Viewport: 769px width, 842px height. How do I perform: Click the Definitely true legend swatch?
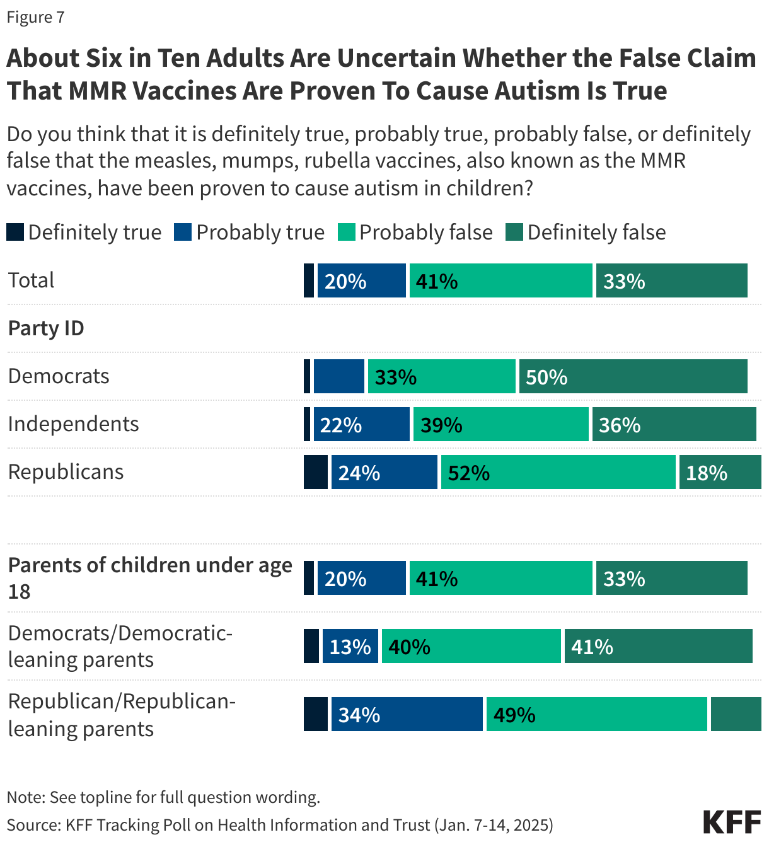15,232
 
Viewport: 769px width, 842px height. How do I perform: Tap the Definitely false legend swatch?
514,232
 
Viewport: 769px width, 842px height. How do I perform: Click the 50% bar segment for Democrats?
633,377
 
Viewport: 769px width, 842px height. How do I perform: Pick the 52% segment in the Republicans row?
558,473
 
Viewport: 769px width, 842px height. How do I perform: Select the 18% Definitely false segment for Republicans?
720,473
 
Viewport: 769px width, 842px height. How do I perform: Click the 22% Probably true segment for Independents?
361,425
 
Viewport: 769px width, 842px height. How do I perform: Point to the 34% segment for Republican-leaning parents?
407,715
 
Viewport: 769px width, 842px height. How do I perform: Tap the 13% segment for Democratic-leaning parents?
350,647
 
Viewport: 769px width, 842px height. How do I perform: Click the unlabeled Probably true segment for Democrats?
339,377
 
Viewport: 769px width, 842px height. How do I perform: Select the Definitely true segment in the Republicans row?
315,473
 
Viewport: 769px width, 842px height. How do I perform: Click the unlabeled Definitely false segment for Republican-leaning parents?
736,715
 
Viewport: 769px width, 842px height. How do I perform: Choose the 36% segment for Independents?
674,425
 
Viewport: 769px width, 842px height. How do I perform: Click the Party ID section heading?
46,328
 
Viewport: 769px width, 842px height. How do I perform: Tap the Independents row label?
73,424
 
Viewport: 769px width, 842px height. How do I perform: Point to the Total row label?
31,280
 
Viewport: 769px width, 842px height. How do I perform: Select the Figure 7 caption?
35,17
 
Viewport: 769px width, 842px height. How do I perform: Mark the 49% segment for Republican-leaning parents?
596,715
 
